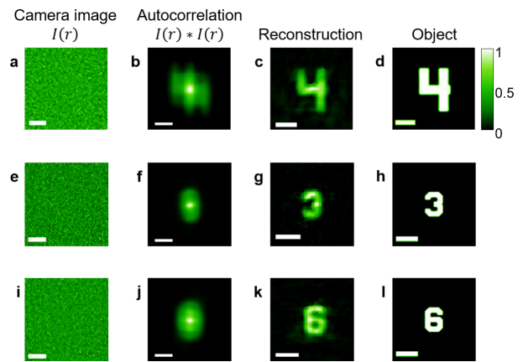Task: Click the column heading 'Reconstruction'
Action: [310, 35]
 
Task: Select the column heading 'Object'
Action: [434, 35]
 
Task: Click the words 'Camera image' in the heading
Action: [60, 14]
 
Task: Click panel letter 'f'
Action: [139, 177]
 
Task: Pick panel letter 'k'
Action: [259, 292]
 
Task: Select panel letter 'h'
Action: [382, 177]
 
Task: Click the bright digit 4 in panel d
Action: [434, 87]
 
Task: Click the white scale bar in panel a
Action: [37, 124]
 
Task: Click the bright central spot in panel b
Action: [190, 87]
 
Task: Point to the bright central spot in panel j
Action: [190, 319]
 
